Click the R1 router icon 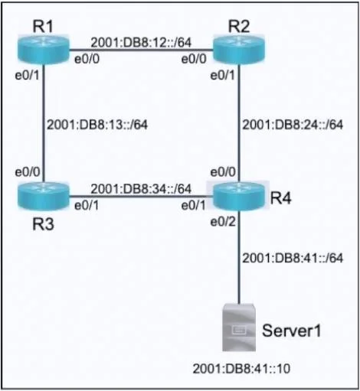tap(44, 49)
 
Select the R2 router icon tap(239, 50)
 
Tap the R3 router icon tap(44, 196)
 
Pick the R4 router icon tap(239, 196)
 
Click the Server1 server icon tap(239, 327)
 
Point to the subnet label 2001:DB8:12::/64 tap(141, 42)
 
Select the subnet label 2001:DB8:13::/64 tap(97, 125)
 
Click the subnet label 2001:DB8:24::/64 tap(293, 125)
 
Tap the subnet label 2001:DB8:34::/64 tap(141, 189)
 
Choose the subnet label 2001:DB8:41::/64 tap(293, 258)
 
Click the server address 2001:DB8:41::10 tap(241, 369)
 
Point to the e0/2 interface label tap(223, 222)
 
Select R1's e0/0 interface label tap(87, 59)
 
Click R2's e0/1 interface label tap(222, 76)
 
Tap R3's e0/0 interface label tap(28, 172)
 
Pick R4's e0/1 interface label tap(193, 206)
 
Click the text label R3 tap(44, 224)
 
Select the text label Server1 tap(291, 331)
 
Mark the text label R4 tap(281, 198)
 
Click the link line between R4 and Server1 tap(239, 257)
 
